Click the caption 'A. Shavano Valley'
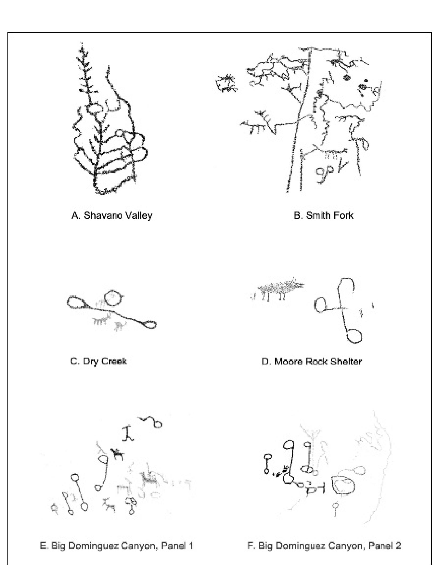[x=112, y=215]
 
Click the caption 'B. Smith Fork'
[x=323, y=215]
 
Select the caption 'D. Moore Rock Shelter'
[x=311, y=362]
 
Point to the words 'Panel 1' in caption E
[x=177, y=545]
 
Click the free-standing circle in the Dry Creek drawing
[x=112, y=297]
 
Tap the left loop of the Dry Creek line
[x=76, y=303]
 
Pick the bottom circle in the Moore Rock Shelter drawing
[x=354, y=336]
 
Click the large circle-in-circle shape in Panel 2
[x=344, y=484]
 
